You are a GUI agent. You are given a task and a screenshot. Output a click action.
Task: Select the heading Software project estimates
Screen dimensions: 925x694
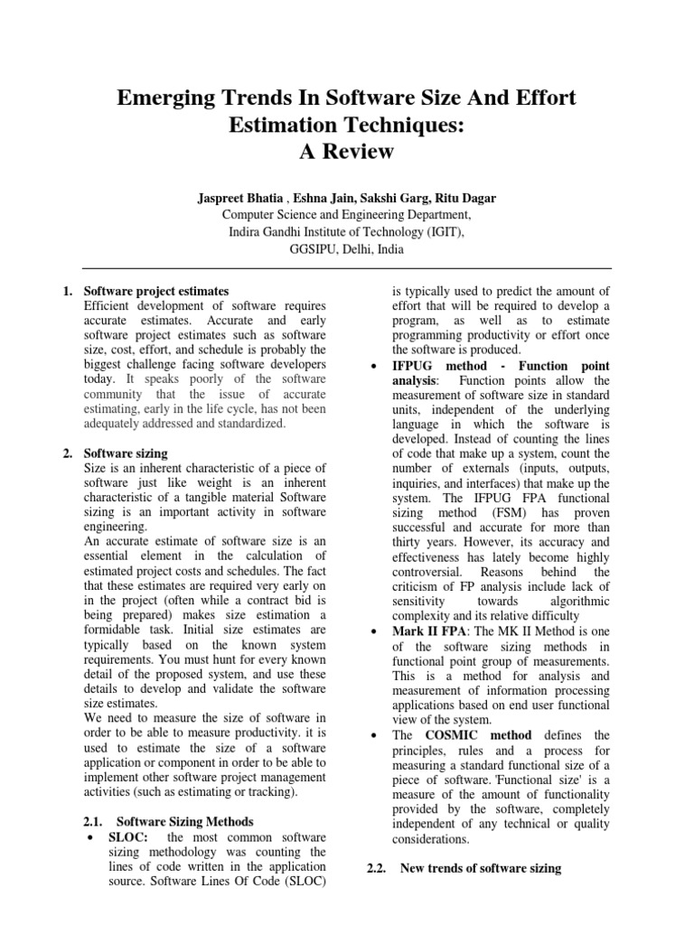tap(155, 291)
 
